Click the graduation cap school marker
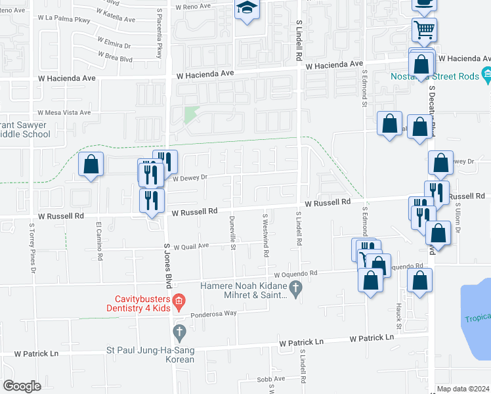tap(247, 9)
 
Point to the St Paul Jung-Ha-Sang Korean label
tap(150, 355)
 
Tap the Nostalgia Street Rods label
tap(445, 76)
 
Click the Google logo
tap(22, 386)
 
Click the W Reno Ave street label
tap(193, 6)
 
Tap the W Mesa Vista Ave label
tap(64, 112)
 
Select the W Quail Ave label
tap(190, 246)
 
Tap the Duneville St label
tap(232, 233)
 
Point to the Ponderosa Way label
tap(213, 314)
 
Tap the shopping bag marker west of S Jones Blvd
tap(91, 165)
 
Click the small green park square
tap(190, 115)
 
